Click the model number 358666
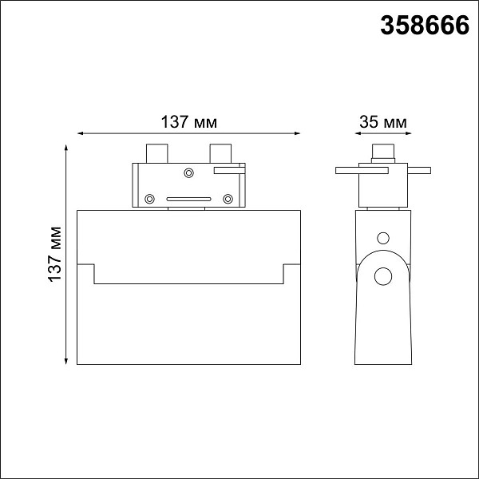pos(425,26)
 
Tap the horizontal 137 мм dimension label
pos(188,122)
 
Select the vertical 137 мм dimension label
pos(55,254)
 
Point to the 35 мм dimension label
pos(383,122)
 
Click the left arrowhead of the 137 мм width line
pos(81,133)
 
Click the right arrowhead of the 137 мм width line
pos(297,133)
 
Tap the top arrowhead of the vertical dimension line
pos(66,148)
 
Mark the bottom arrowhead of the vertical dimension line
pos(66,361)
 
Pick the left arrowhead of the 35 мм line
pos(358,133)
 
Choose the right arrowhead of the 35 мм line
pos(408,133)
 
